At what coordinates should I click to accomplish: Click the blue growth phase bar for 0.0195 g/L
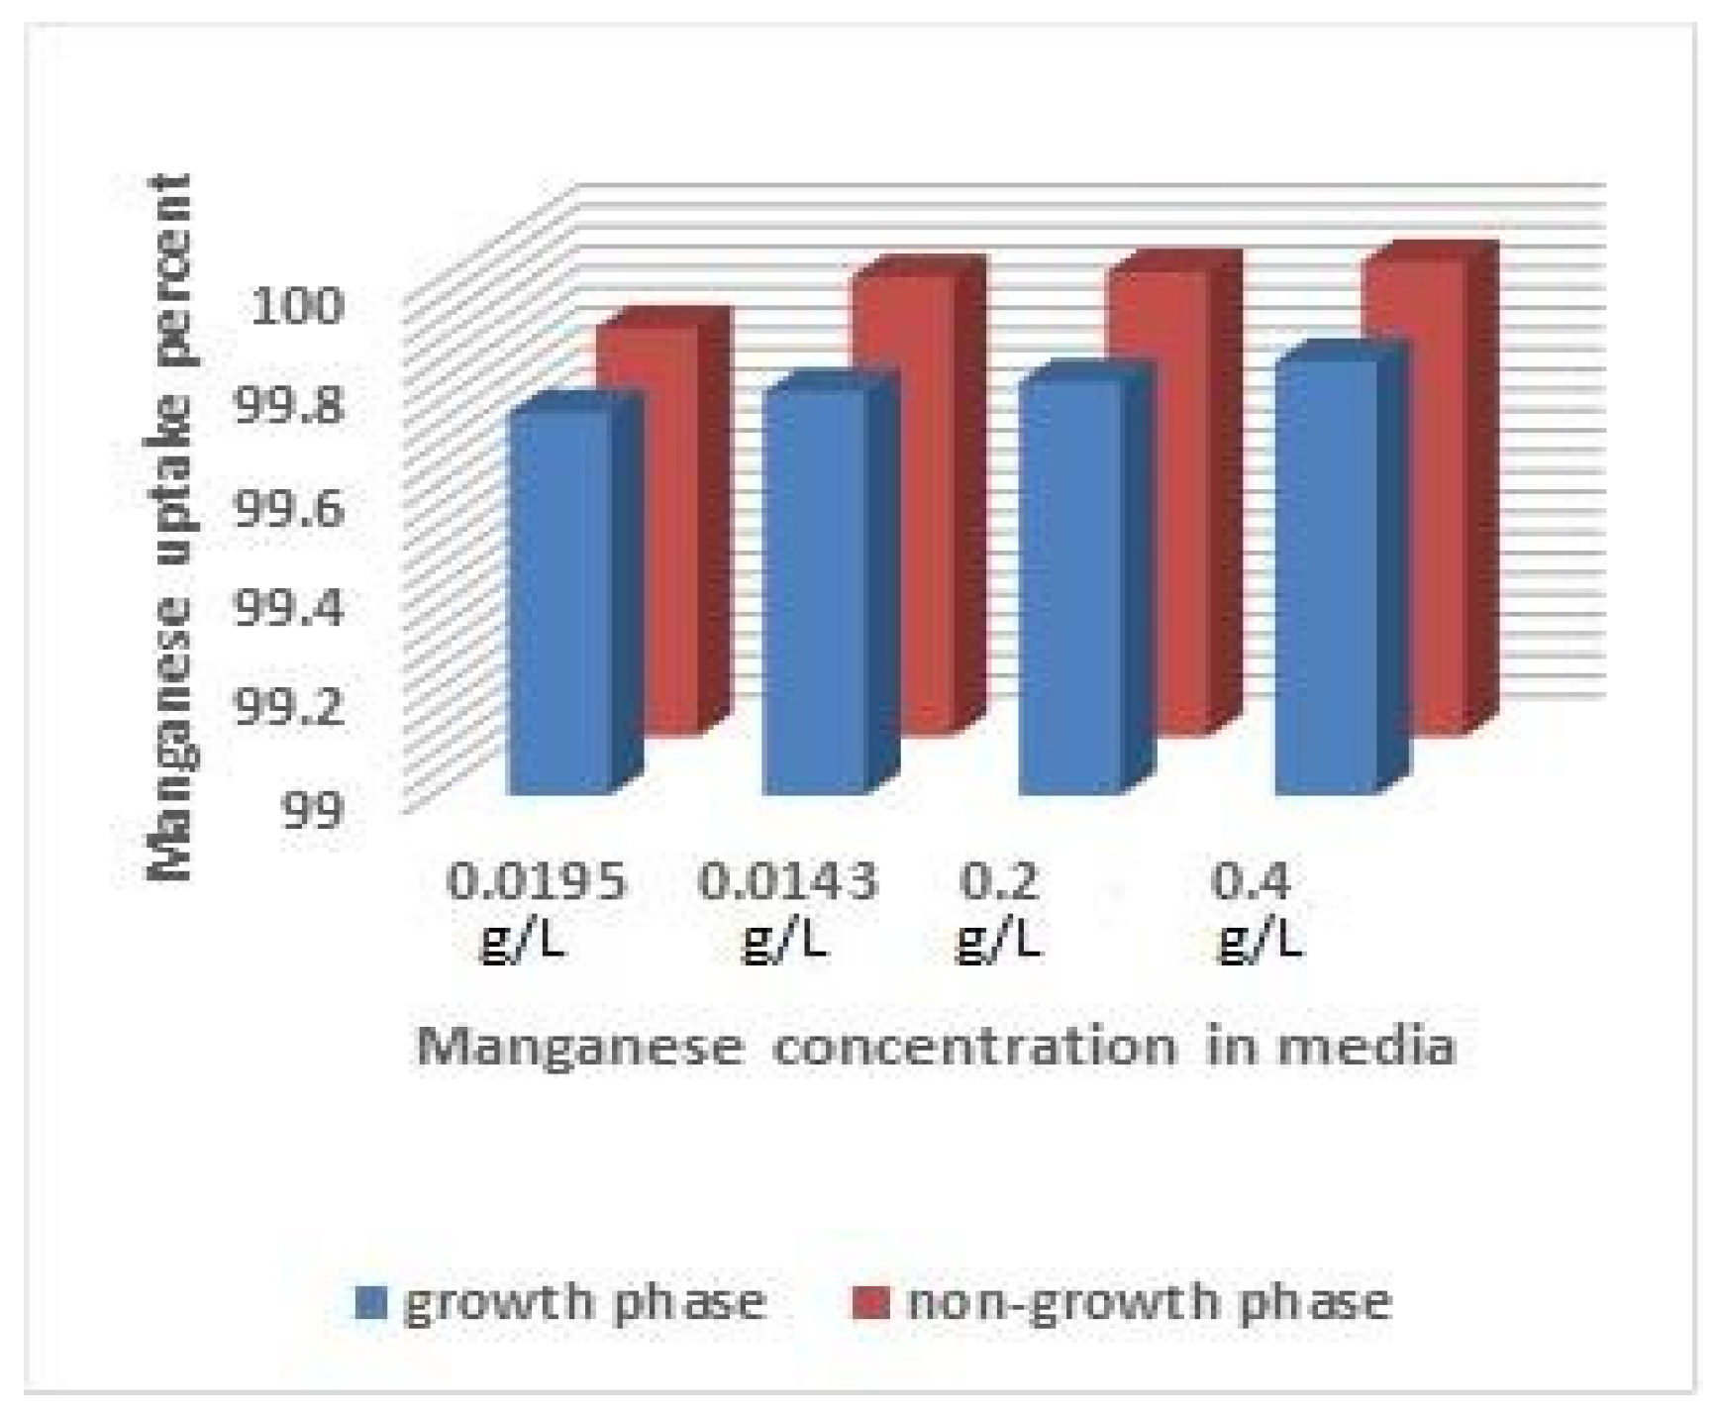point(559,599)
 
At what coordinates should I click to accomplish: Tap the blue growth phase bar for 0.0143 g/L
point(815,589)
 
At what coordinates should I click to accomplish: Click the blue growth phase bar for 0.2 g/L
point(1071,584)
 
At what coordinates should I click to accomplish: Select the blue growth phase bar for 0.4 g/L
point(1327,574)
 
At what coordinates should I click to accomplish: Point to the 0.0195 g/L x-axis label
point(536,909)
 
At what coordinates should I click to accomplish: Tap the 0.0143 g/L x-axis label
point(788,909)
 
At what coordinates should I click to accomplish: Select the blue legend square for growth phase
point(370,1302)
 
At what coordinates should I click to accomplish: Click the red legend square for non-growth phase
point(870,1302)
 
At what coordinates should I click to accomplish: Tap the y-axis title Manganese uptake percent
point(169,525)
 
